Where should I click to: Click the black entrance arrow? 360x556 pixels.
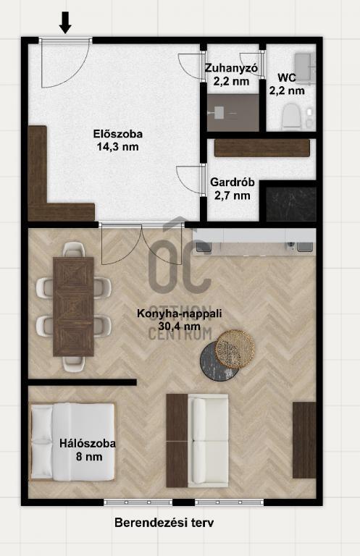(65, 22)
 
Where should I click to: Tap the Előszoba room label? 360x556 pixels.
(118, 134)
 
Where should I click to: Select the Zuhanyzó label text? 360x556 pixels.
(231, 68)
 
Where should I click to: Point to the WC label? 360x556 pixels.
(287, 77)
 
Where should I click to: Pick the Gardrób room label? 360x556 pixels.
(233, 182)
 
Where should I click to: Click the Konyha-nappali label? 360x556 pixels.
(180, 313)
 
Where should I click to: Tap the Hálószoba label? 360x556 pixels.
(87, 444)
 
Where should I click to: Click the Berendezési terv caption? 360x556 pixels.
(164, 522)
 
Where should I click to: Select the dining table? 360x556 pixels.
(73, 307)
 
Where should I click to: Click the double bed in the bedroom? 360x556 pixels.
(72, 442)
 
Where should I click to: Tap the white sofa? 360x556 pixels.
(208, 441)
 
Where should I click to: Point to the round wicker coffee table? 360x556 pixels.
(235, 349)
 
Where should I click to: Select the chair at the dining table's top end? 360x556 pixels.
(74, 250)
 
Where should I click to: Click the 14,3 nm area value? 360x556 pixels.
(118, 146)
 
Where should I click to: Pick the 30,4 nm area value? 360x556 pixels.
(180, 327)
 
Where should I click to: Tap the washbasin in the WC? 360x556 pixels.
(305, 68)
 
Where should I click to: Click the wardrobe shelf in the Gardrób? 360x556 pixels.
(262, 148)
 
